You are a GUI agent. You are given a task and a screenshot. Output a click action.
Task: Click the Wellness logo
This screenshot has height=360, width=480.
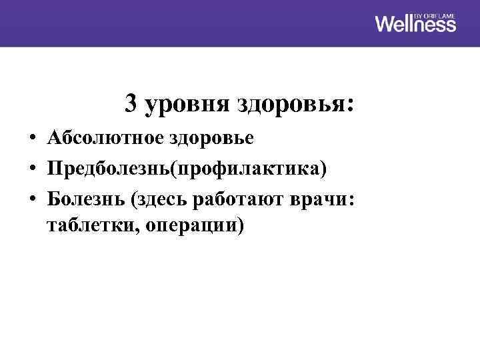click(x=415, y=25)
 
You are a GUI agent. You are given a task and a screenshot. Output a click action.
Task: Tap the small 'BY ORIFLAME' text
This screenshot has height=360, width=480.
click(x=435, y=14)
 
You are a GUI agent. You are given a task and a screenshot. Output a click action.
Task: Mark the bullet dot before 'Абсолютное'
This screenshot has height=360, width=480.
click(x=32, y=139)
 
